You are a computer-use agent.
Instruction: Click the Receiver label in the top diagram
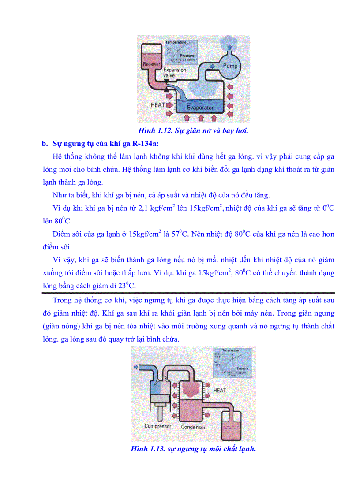click(152, 64)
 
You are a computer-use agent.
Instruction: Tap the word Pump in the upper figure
click(230, 66)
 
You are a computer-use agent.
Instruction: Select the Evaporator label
click(200, 108)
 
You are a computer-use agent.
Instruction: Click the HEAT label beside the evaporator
click(157, 105)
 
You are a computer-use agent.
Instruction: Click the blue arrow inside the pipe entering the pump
click(213, 66)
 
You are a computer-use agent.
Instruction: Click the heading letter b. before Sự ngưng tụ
click(44, 143)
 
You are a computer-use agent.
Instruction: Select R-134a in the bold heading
click(146, 143)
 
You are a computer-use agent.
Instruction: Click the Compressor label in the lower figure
click(158, 426)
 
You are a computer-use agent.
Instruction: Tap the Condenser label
click(193, 427)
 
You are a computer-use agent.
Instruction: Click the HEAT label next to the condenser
click(219, 391)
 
